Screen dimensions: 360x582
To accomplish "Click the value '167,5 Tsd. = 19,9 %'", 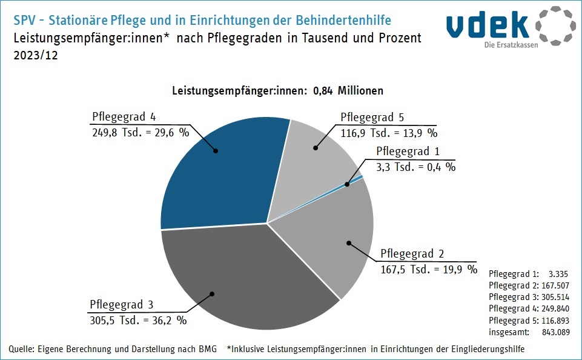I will (x=429, y=269).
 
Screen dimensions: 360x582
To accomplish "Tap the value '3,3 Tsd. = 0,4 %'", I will (x=416, y=167).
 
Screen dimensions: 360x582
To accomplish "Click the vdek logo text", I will (x=488, y=24).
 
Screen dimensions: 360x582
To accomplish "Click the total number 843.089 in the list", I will (x=553, y=332).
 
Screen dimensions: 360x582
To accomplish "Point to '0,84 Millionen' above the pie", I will (x=348, y=91).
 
